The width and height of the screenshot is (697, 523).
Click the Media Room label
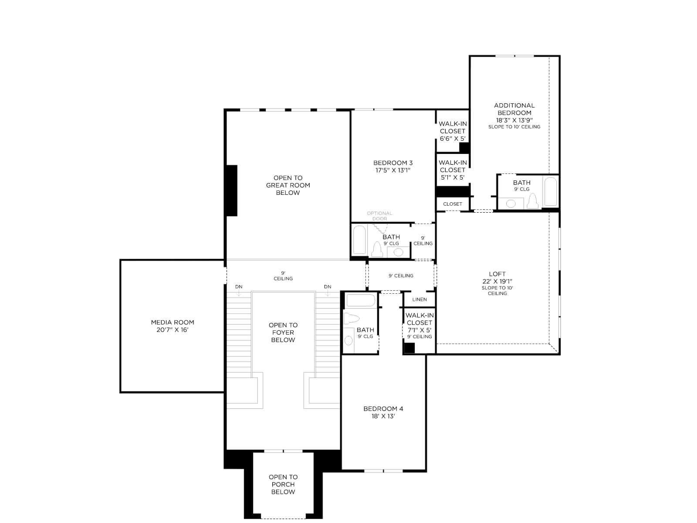(173, 323)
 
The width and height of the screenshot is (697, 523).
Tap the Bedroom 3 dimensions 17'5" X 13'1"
(393, 170)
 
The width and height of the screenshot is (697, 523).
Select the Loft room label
(497, 274)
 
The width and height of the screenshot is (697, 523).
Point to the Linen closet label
(420, 299)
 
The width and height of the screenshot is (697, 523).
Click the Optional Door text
(380, 216)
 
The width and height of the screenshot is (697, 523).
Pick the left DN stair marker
(239, 287)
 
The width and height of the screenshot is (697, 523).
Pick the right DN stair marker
(328, 287)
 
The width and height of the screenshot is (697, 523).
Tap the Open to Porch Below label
(283, 484)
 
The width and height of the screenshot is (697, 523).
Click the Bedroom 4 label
(383, 409)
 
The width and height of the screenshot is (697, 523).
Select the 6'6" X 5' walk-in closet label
(453, 131)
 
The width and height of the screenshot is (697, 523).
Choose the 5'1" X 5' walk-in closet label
(453, 170)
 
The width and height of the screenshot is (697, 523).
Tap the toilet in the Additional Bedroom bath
(532, 201)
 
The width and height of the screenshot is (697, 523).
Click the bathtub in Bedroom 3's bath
(359, 240)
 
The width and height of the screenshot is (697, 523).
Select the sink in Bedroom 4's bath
(348, 341)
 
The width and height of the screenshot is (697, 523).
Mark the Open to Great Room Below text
(288, 185)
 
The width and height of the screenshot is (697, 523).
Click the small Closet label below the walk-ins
(453, 204)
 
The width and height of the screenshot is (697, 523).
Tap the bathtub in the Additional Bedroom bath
(551, 191)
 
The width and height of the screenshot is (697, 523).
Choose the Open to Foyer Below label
(283, 333)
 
